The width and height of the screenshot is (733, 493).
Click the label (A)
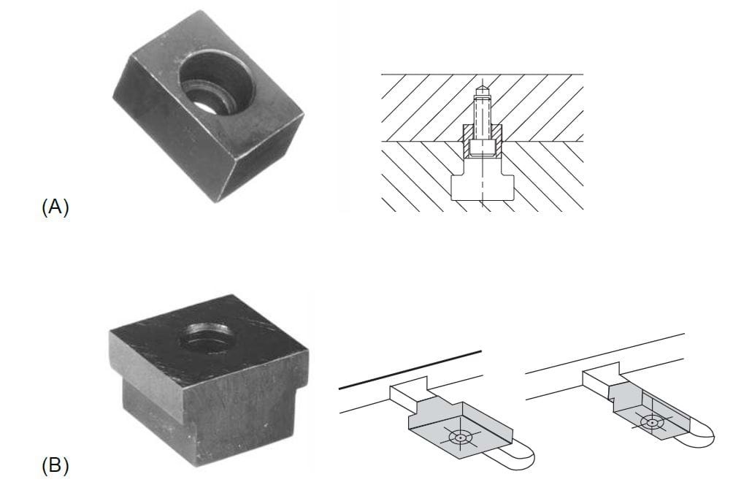55,207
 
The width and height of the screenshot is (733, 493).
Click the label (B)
55,466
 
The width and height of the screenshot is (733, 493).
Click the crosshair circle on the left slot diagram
459,437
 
